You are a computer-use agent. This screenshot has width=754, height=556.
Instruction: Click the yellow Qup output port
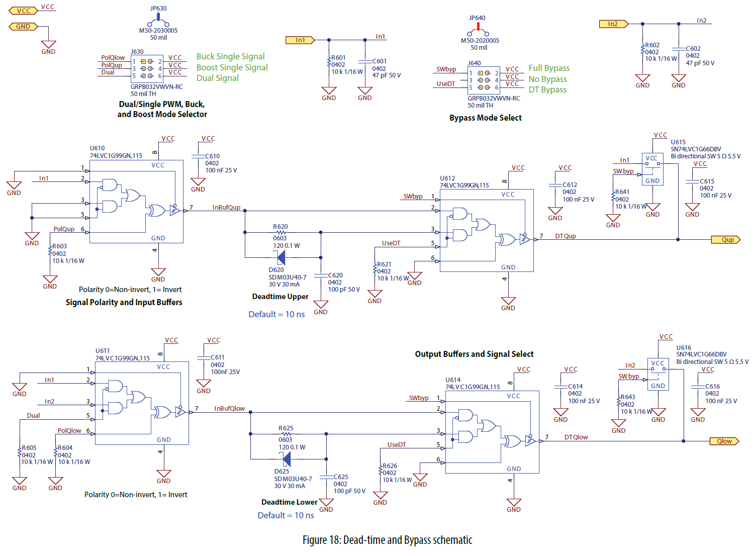point(726,240)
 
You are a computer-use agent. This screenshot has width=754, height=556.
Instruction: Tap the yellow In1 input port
point(300,40)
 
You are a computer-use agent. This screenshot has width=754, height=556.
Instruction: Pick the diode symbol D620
point(280,258)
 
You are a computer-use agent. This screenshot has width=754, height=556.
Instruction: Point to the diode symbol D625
point(286,459)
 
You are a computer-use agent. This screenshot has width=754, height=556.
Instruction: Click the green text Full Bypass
point(549,68)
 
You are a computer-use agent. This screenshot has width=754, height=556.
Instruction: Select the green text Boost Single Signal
point(232,68)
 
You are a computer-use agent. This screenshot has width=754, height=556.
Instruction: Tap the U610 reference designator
point(97,148)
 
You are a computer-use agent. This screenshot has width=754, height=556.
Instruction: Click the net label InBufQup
point(226,208)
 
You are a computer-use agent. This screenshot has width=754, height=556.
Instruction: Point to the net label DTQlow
point(576,437)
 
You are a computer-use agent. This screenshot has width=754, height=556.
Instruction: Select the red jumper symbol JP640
point(477,30)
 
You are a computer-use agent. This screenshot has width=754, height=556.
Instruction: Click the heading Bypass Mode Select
point(485,118)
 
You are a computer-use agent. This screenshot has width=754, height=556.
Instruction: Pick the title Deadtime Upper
point(280,297)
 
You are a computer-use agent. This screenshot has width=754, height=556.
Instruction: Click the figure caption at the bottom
point(387,540)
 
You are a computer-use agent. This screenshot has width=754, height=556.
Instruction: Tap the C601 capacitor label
point(380,61)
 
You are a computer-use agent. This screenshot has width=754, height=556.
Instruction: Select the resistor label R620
point(280,227)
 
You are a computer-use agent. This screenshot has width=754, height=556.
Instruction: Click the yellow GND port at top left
point(23,27)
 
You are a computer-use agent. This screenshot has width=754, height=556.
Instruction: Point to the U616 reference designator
point(684,348)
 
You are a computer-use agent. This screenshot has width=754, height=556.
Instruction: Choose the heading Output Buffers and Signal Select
point(474,354)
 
